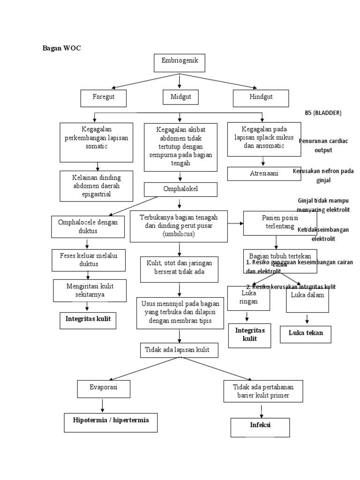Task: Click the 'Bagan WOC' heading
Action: tap(62, 48)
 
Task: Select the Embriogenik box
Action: tap(180, 63)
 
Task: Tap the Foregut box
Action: tap(104, 97)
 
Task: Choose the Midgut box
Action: tap(180, 97)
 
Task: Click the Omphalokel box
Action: tap(180, 190)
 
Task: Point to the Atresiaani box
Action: tap(264, 173)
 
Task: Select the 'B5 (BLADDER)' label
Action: tap(323, 113)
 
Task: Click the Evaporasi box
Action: tap(103, 389)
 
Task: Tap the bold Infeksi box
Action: tap(261, 427)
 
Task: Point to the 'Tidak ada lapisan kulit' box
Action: tap(179, 350)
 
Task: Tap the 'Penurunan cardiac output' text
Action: tap(323, 146)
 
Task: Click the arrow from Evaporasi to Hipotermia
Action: tap(103, 405)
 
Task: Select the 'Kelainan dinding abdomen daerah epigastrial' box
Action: tap(97, 186)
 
